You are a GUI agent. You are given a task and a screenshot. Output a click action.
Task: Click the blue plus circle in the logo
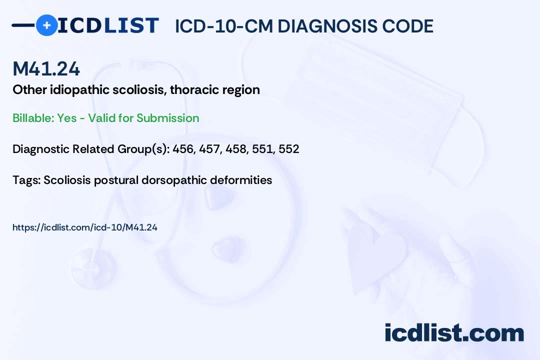coord(46,25)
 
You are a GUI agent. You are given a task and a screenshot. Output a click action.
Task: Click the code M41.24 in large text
coord(46,68)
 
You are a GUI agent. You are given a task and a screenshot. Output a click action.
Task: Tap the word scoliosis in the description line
coord(140,89)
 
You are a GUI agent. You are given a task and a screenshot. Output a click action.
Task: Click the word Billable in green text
coord(33,118)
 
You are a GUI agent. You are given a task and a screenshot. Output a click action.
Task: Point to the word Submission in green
coord(167,118)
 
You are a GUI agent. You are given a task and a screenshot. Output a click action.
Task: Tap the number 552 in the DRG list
coord(288,149)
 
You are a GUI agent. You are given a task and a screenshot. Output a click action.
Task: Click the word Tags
coord(26,180)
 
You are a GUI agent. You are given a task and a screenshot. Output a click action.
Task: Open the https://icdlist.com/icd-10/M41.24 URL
coord(84,227)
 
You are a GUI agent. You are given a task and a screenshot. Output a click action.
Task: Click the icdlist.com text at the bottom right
coord(454,332)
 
